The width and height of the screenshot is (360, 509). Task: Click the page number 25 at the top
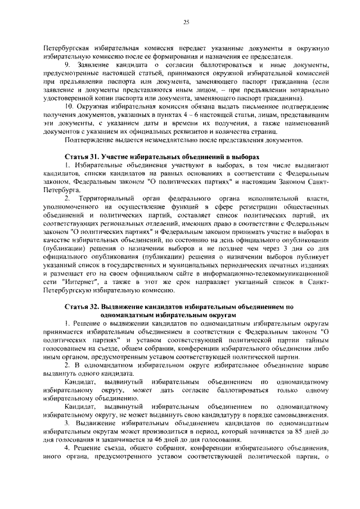[x=186, y=22]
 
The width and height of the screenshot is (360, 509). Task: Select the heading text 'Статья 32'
[x=82, y=307]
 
